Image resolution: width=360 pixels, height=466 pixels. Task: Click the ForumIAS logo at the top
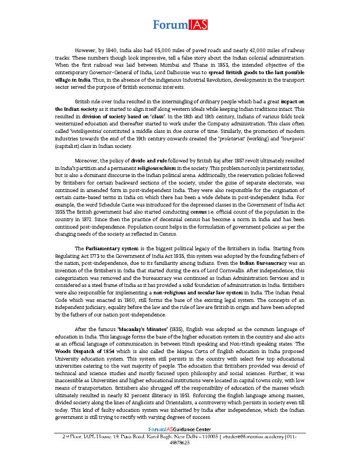pyautogui.click(x=180, y=25)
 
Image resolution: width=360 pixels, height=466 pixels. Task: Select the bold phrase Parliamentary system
pyautogui.click(x=112, y=249)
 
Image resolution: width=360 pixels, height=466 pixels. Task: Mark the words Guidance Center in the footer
pyautogui.click(x=192, y=429)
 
